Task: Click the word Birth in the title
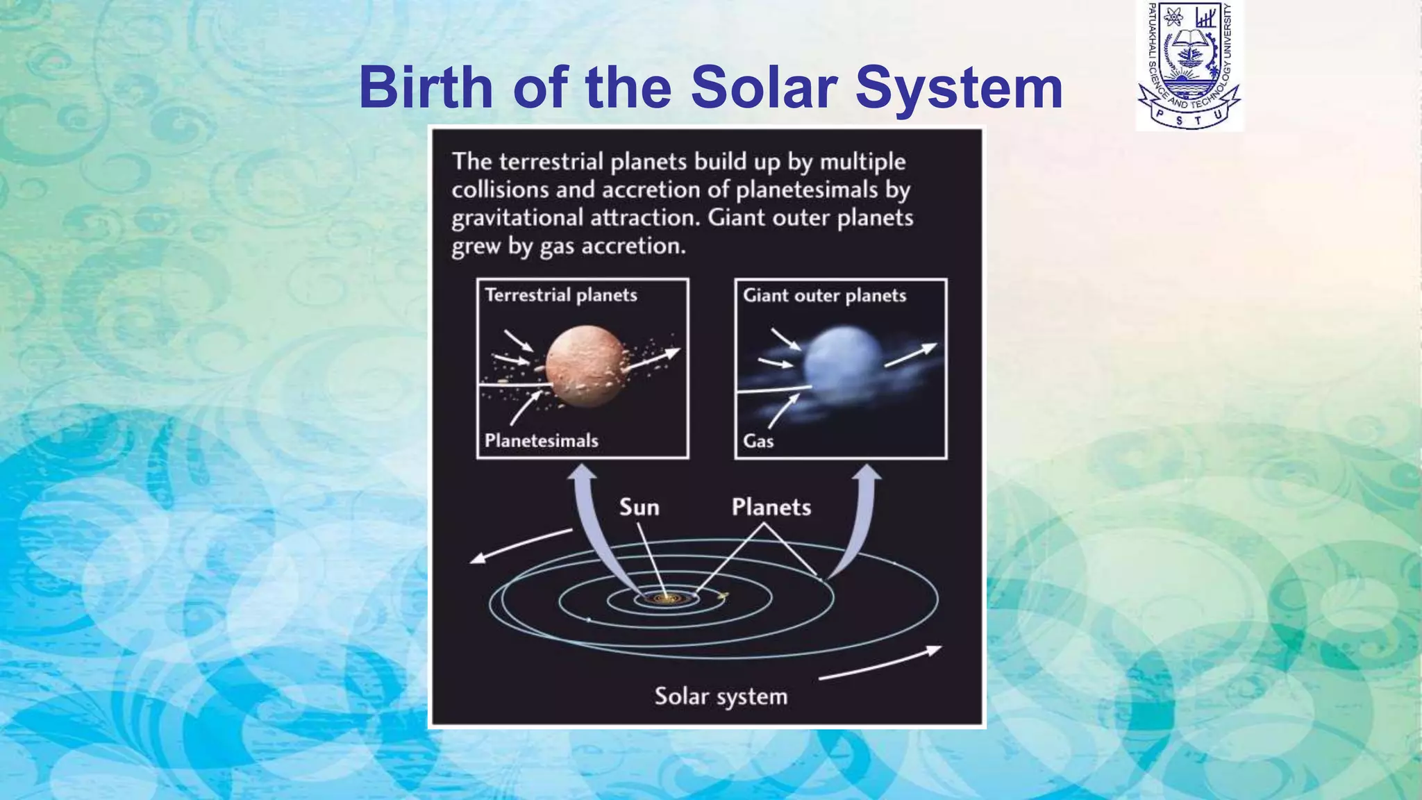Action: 426,87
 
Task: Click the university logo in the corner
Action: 1189,66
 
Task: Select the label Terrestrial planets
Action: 560,295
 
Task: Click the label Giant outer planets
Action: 824,296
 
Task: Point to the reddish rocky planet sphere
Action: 585,366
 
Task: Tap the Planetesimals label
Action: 541,441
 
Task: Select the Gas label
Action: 758,441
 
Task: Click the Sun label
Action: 639,507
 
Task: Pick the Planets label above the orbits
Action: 771,507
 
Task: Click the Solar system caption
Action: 721,697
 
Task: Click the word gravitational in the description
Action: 517,218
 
